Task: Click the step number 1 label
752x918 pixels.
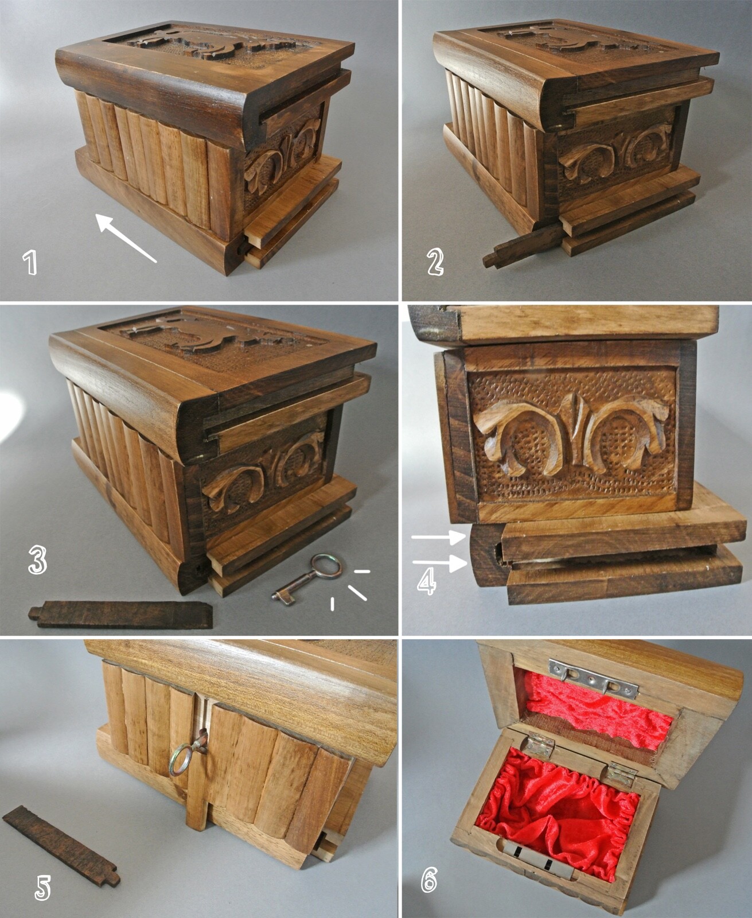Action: (29, 262)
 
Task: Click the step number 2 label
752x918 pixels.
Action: (435, 262)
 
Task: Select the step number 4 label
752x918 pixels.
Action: (426, 582)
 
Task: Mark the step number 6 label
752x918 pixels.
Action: (430, 879)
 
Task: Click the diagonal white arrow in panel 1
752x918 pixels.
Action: (126, 238)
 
